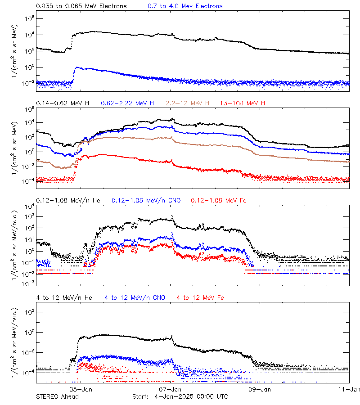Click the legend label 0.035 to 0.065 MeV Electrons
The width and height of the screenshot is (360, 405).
81,6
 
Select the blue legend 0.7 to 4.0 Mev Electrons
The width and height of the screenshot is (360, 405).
185,6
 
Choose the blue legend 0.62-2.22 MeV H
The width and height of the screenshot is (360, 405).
130,103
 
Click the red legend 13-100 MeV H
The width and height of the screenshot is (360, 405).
243,103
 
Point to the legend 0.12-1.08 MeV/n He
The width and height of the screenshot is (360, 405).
70,200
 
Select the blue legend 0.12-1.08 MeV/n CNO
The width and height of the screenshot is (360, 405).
146,200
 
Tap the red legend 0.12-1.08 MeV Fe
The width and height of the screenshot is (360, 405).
219,200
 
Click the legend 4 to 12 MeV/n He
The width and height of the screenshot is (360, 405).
64,297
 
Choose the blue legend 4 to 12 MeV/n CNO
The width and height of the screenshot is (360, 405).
135,297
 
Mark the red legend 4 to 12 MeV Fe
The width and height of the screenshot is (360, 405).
200,297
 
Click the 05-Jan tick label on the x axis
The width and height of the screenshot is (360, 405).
81,390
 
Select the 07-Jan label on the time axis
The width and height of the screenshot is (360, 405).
171,390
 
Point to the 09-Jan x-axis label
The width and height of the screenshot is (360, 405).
260,390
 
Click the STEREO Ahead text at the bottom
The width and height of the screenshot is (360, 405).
57,396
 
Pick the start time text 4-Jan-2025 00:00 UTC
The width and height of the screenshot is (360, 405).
191,396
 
